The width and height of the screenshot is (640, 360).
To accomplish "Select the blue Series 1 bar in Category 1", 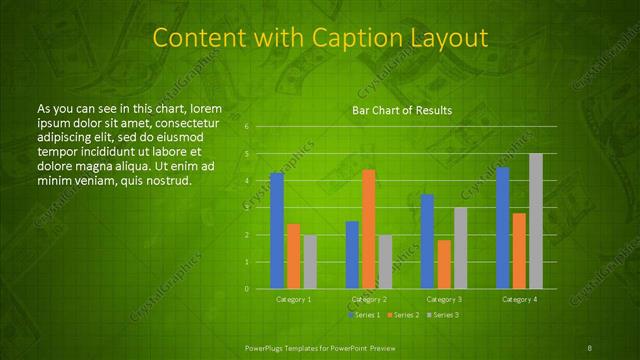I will click(x=277, y=231).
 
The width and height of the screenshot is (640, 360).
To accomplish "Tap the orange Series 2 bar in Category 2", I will click(x=369, y=229).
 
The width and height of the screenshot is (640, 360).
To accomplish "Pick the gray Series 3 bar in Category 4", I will click(x=536, y=221).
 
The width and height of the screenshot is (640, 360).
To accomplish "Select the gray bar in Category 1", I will click(x=310, y=262).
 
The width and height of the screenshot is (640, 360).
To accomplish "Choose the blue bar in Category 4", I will click(x=503, y=228).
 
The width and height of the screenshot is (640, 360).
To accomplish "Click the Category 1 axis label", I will click(x=293, y=299).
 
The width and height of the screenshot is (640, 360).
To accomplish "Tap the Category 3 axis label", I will click(x=444, y=299).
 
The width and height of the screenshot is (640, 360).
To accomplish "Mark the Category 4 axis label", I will click(x=519, y=299).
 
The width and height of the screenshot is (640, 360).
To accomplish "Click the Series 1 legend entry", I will click(x=363, y=315).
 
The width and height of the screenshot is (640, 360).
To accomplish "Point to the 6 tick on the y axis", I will click(x=246, y=127).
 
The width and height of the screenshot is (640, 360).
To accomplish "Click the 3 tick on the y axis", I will click(x=246, y=208).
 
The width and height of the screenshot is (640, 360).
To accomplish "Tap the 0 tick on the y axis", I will click(x=246, y=289).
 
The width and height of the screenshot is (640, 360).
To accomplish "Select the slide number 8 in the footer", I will click(x=591, y=347).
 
